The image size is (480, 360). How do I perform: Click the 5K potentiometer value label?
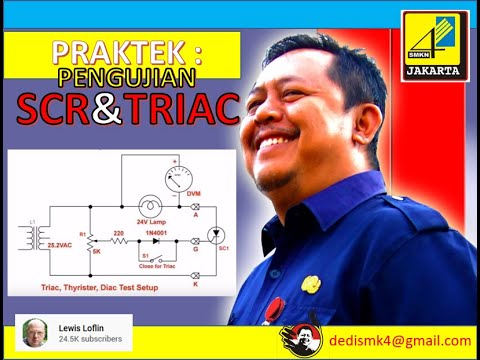[96, 250]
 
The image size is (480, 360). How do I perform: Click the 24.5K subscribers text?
[89, 339]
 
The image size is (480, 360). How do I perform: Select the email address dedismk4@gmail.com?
[399, 340]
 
